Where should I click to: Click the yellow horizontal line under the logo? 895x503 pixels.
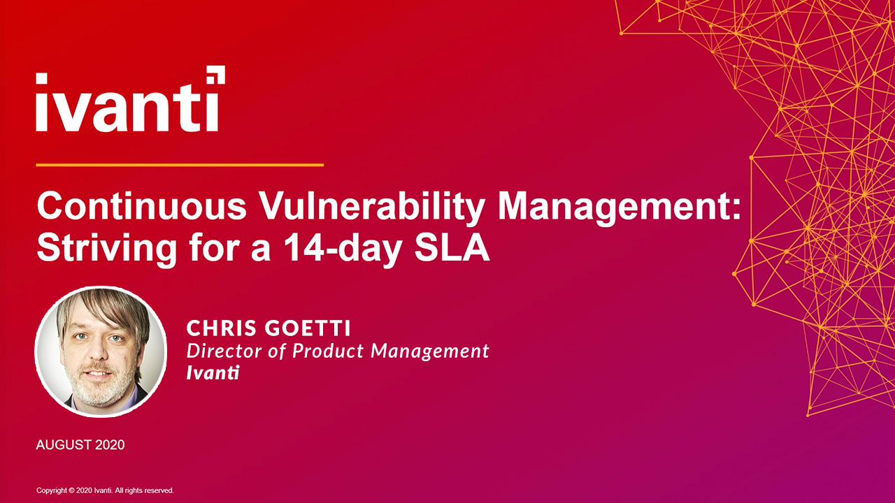[x=179, y=165]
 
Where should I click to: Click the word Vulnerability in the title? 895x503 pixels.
[x=371, y=207]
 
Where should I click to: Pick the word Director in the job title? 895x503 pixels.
[x=223, y=350]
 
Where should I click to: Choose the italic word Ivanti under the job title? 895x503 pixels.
[x=213, y=372]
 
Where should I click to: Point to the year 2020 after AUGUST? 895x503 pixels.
[x=110, y=444]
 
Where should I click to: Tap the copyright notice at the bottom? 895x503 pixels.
[x=105, y=490]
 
